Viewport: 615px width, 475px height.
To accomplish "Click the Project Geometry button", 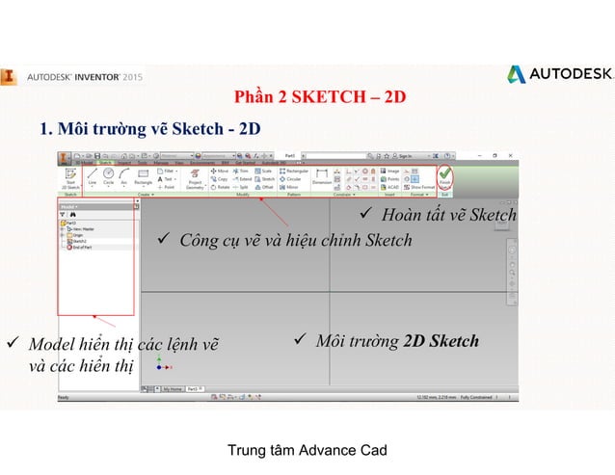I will point(195,178).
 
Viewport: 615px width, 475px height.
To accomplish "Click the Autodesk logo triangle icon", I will point(518,74).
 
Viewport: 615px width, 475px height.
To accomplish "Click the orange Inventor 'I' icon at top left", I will point(9,74).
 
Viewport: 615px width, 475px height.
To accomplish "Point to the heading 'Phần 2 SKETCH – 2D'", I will point(319,98).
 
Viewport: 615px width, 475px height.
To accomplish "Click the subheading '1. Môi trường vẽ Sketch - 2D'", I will point(149,128).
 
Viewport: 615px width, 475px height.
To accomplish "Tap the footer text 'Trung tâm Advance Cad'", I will point(307,450).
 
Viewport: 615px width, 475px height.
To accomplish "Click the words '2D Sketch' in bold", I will point(441,341).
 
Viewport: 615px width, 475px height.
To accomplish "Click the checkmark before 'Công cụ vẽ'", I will point(163,240).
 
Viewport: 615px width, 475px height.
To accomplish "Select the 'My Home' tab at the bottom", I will point(173,388).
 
